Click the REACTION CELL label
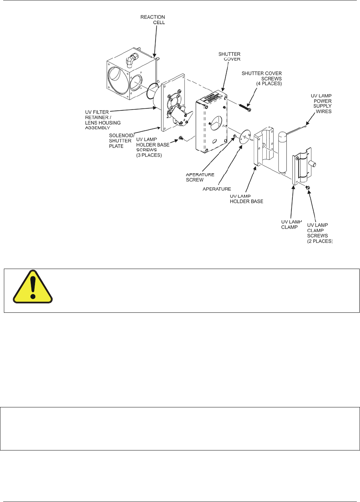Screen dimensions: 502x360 click(x=153, y=20)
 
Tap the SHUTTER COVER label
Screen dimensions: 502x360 click(x=229, y=56)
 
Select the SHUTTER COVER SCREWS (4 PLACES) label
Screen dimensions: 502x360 click(x=262, y=78)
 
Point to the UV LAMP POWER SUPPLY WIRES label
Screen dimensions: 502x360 click(x=322, y=103)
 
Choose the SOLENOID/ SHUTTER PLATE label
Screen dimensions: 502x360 click(x=121, y=141)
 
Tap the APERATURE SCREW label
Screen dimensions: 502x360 click(x=200, y=177)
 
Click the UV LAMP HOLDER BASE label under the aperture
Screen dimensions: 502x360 click(x=246, y=199)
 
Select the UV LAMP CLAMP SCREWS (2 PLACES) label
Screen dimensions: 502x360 click(x=319, y=233)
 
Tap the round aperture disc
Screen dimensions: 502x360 click(x=245, y=137)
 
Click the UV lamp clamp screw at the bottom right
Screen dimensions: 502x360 click(x=308, y=187)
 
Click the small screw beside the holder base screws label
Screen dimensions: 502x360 click(x=181, y=138)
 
